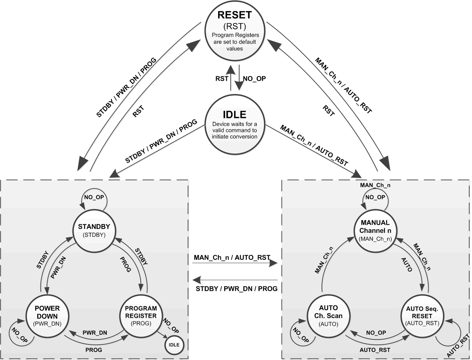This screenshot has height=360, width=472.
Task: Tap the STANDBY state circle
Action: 94,230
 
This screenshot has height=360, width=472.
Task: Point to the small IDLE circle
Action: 174,345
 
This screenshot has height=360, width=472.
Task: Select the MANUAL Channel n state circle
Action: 375,230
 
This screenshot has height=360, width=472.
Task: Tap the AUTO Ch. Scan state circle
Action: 328,315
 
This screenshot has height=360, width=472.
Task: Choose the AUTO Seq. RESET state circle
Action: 422,315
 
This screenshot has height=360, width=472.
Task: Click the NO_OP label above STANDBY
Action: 94,197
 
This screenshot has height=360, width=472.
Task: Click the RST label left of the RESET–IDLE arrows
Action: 222,78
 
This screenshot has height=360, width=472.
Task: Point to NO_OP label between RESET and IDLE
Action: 254,78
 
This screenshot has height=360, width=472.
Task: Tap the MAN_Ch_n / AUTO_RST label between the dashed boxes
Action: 232,257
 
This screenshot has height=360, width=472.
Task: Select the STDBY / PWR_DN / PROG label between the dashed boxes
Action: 237,289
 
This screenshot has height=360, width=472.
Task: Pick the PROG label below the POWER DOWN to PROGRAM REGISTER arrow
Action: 94,350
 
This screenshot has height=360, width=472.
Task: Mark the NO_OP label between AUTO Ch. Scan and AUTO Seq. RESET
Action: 376,333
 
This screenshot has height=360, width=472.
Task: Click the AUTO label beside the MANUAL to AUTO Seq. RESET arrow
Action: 407,265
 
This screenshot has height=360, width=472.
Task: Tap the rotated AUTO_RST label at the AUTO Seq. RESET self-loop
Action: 456,346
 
